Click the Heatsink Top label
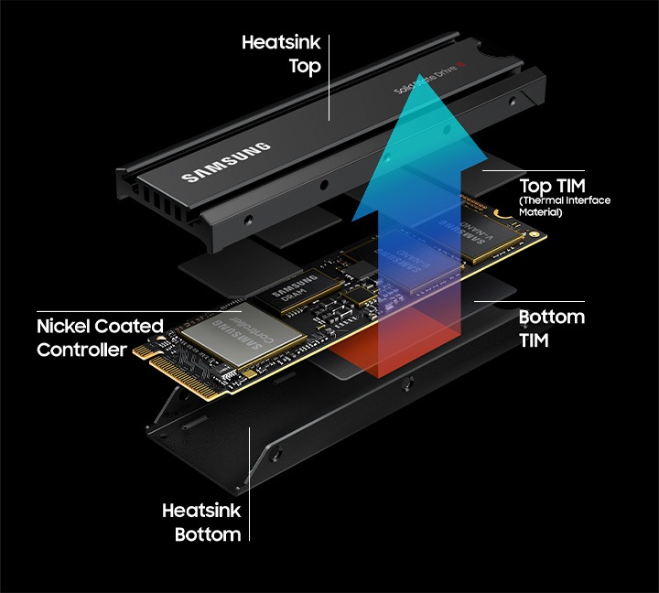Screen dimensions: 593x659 point(281,54)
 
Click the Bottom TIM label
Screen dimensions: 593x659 point(551,328)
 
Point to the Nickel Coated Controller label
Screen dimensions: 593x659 point(100,338)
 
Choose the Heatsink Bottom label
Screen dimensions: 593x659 point(201,522)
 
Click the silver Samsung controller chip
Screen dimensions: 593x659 point(243,335)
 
